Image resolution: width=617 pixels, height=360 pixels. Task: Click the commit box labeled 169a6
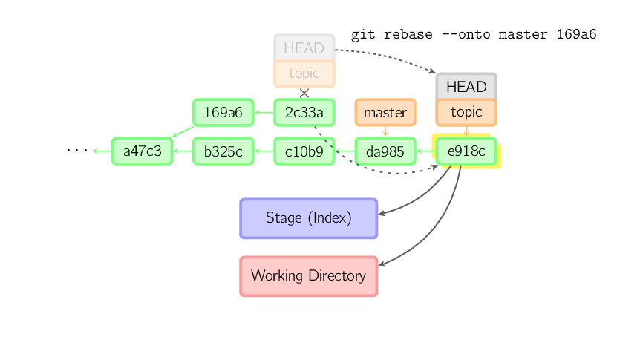[x=223, y=113]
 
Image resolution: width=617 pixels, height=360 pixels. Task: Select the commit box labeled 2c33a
[x=304, y=113]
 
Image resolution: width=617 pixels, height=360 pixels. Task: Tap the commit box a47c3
[x=142, y=151]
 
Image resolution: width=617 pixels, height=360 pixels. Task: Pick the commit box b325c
[x=223, y=151]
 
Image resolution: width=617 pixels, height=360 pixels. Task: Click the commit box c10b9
[x=304, y=151]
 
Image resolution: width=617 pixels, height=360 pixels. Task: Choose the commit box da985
[x=385, y=151]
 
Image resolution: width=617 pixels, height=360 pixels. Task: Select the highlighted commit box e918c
[x=466, y=151]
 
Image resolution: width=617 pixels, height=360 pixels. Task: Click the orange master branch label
[x=385, y=113]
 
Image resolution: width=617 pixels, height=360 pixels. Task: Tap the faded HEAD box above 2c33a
[x=304, y=48]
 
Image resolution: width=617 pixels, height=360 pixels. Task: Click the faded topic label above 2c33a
[x=304, y=73]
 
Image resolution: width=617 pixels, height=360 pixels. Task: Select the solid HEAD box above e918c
[x=466, y=87]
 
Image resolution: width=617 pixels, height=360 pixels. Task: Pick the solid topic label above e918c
[x=466, y=112]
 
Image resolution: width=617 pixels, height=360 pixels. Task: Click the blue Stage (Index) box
[x=308, y=218]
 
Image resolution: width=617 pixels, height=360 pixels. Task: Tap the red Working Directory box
[x=308, y=276]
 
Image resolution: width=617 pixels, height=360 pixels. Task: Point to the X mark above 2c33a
[x=304, y=93]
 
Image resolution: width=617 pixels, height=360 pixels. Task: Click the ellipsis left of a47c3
[x=76, y=151]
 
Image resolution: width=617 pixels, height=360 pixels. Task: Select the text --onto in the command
[x=467, y=34]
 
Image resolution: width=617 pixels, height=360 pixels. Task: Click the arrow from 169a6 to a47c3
[x=182, y=131]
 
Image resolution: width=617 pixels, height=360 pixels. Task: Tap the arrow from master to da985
[x=385, y=131]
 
